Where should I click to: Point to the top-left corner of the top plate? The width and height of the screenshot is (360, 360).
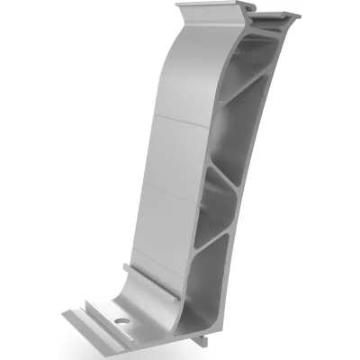(x=178, y=4)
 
